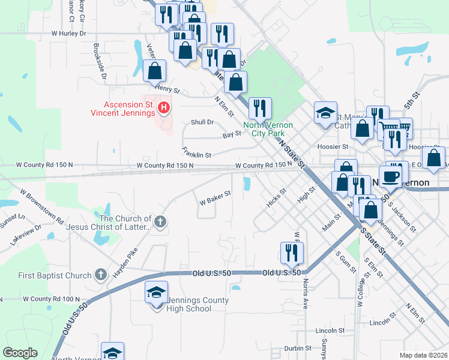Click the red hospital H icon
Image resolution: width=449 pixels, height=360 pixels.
164,109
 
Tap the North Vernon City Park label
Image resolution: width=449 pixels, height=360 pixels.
268,129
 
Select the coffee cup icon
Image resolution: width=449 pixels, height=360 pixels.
391,176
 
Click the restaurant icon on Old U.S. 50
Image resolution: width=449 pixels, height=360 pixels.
292,253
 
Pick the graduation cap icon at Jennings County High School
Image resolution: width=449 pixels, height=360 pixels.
156,293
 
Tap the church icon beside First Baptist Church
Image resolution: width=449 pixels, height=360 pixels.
100,275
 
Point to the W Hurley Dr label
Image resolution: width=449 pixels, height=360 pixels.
69,34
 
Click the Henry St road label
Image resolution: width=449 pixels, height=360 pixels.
167,89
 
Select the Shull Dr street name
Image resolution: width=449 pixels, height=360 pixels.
202,122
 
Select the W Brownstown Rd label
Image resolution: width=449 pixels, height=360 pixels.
41,207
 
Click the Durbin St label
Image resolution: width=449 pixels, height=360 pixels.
298,347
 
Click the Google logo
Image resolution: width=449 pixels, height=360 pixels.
20,353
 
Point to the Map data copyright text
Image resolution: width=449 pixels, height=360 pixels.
423,355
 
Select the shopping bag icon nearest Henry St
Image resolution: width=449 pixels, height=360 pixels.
155,71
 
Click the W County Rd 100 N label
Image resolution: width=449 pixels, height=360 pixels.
40,298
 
